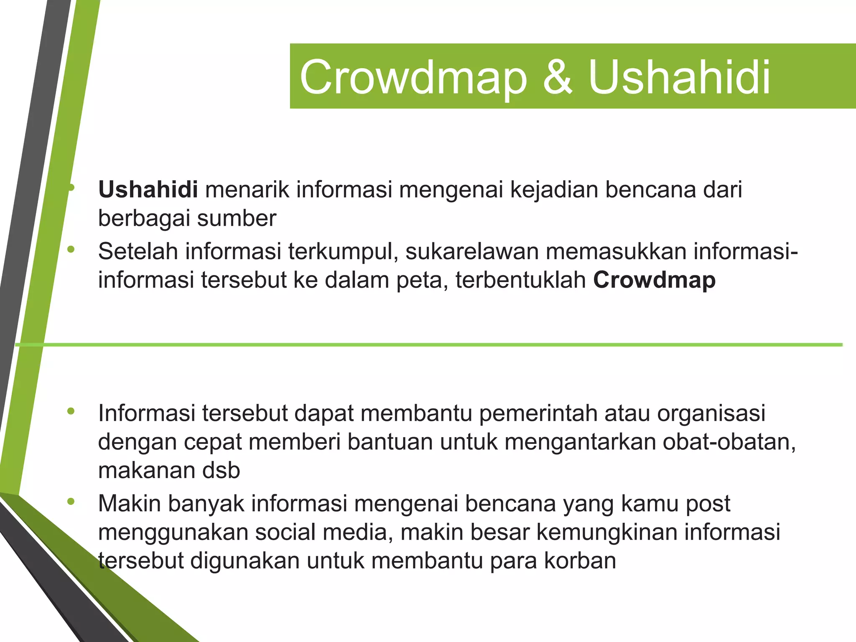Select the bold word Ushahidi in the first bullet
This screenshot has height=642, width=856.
(x=148, y=189)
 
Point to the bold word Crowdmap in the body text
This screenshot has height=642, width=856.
(x=654, y=280)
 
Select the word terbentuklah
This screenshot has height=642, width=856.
(x=521, y=280)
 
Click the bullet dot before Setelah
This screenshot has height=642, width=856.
(x=71, y=250)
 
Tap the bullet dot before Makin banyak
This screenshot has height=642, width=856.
(x=71, y=502)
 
